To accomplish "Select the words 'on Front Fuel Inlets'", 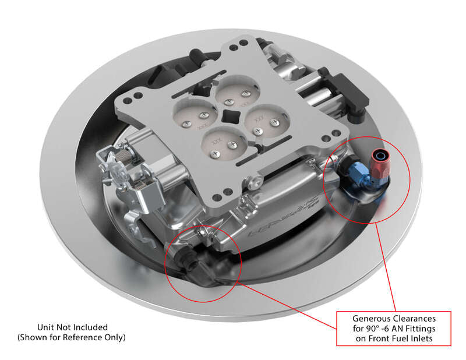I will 394,338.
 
